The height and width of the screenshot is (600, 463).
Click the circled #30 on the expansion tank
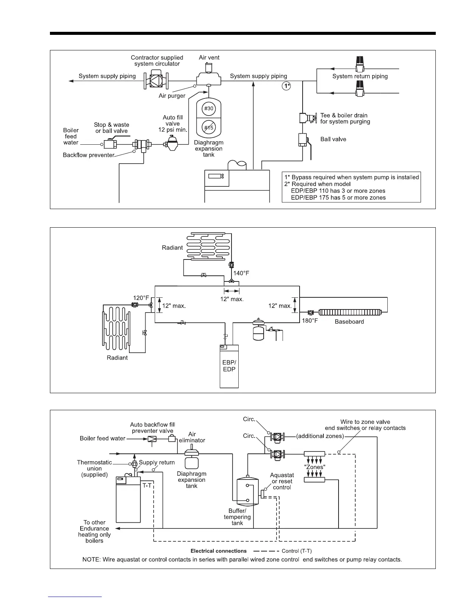[x=209, y=108]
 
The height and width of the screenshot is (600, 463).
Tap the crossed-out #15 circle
[x=209, y=128]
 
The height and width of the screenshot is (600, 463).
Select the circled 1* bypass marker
[x=286, y=86]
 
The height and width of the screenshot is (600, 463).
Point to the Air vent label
[x=209, y=58]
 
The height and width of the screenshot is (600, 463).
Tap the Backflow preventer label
[x=89, y=155]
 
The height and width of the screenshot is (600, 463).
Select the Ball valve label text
[x=333, y=139]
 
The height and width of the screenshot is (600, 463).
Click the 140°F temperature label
[x=241, y=273]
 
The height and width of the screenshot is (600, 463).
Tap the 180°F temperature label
[x=310, y=320]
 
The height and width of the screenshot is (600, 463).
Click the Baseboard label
[x=349, y=322]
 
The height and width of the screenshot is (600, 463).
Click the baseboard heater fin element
[x=349, y=312]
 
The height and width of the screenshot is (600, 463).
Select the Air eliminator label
[x=192, y=437]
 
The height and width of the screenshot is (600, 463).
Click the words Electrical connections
[x=219, y=551]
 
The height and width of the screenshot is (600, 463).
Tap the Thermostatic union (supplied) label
[x=94, y=469]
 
